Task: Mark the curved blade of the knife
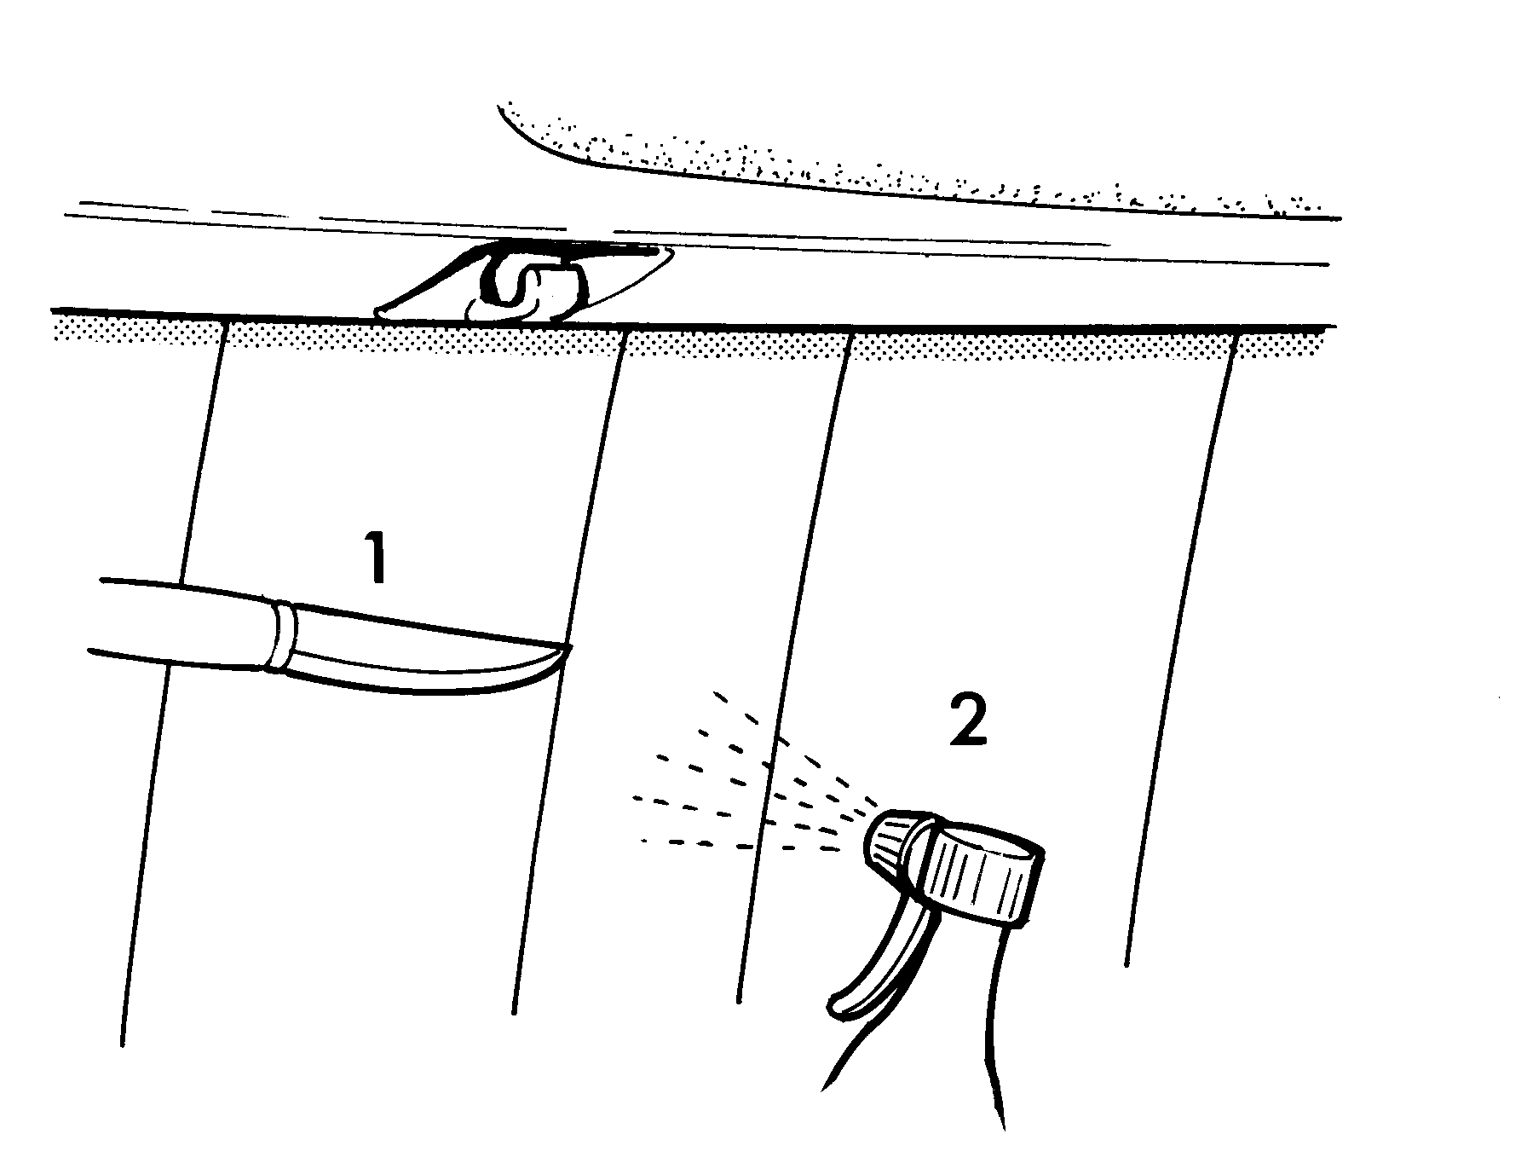tap(426, 653)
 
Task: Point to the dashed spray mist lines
tap(750, 784)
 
